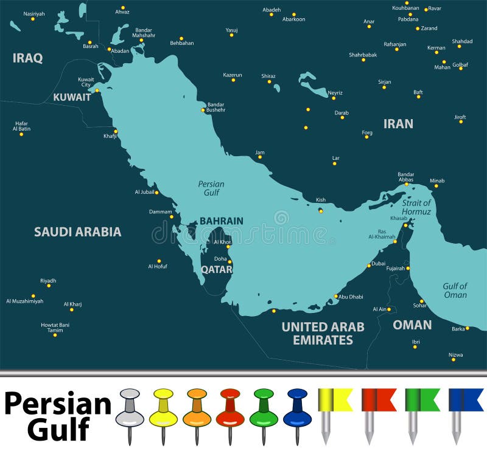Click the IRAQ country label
pos(28,58)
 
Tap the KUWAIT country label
pos(72,97)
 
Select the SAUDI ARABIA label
pos(77,232)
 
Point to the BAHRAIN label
pos(222,221)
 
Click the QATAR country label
pos(217,269)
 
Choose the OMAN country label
pos(412,325)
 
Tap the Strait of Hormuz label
pos(416,207)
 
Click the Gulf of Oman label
pos(455,291)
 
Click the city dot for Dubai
pos(368,266)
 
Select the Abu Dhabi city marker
pos(335,297)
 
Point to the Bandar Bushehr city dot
pos(203,110)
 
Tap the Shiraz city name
pos(268,76)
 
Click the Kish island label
pos(321,200)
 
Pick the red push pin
pos(229,407)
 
